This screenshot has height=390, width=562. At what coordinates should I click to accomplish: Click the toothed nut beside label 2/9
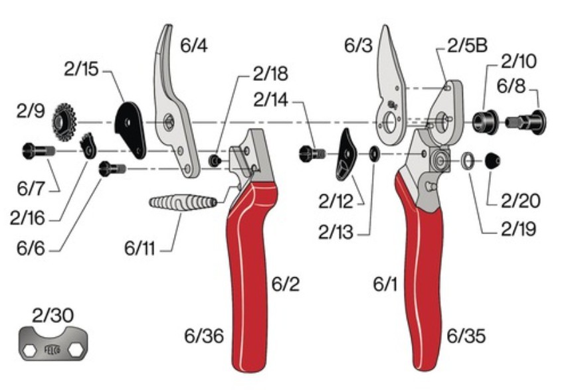(x=64, y=121)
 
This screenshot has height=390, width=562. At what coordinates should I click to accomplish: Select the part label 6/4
(x=193, y=46)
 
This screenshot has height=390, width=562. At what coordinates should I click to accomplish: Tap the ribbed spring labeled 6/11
(x=183, y=202)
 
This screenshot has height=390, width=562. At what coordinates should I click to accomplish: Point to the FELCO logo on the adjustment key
(x=52, y=350)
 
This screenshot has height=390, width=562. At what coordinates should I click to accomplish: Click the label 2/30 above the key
(x=52, y=315)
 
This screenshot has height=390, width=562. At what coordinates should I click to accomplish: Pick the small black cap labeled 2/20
(x=492, y=161)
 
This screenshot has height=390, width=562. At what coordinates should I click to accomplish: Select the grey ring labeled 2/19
(x=467, y=161)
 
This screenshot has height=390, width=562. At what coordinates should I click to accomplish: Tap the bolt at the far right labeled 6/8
(x=526, y=122)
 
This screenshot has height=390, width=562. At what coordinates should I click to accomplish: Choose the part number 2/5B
(x=468, y=46)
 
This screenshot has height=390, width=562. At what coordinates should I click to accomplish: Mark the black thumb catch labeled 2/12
(x=345, y=155)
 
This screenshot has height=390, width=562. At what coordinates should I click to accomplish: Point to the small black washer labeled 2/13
(x=374, y=154)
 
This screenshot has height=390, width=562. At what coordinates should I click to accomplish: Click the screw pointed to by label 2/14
(x=312, y=154)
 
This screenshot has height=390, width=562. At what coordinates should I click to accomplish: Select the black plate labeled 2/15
(x=130, y=130)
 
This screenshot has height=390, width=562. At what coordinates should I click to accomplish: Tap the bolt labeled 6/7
(x=39, y=151)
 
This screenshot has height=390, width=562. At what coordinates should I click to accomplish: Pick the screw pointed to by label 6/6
(x=112, y=168)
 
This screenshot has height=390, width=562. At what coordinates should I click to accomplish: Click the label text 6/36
(x=204, y=336)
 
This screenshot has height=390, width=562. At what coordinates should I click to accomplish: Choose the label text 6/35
(x=466, y=336)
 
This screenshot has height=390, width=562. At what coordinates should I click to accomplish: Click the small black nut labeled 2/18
(x=215, y=161)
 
